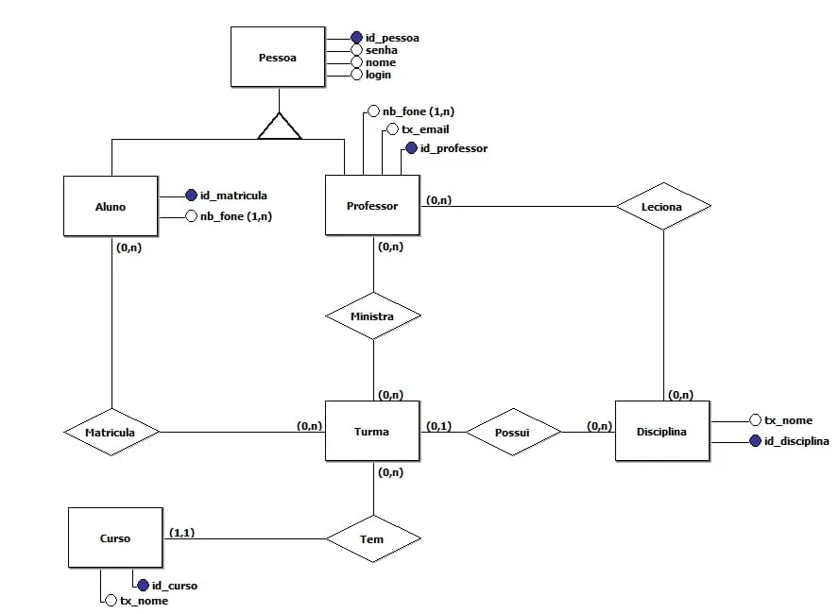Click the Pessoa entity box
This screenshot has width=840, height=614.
click(278, 58)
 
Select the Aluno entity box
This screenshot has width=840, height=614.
click(111, 206)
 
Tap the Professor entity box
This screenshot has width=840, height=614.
click(372, 205)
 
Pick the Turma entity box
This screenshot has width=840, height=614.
click(371, 432)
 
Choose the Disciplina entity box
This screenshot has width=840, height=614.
click(661, 432)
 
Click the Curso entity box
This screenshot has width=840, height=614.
click(115, 538)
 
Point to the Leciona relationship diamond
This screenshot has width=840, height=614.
click(662, 205)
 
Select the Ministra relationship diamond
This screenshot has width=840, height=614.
click(372, 316)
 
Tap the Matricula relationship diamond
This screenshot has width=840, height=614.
click(111, 433)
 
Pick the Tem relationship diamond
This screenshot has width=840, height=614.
click(372, 538)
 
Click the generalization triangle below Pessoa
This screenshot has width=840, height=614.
click(280, 127)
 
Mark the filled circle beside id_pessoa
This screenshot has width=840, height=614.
click(356, 38)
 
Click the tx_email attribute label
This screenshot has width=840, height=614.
click(425, 129)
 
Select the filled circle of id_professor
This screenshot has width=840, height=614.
click(411, 148)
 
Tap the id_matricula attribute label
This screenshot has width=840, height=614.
click(233, 196)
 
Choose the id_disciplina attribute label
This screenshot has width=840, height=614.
click(797, 441)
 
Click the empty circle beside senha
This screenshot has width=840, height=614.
click(356, 50)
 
